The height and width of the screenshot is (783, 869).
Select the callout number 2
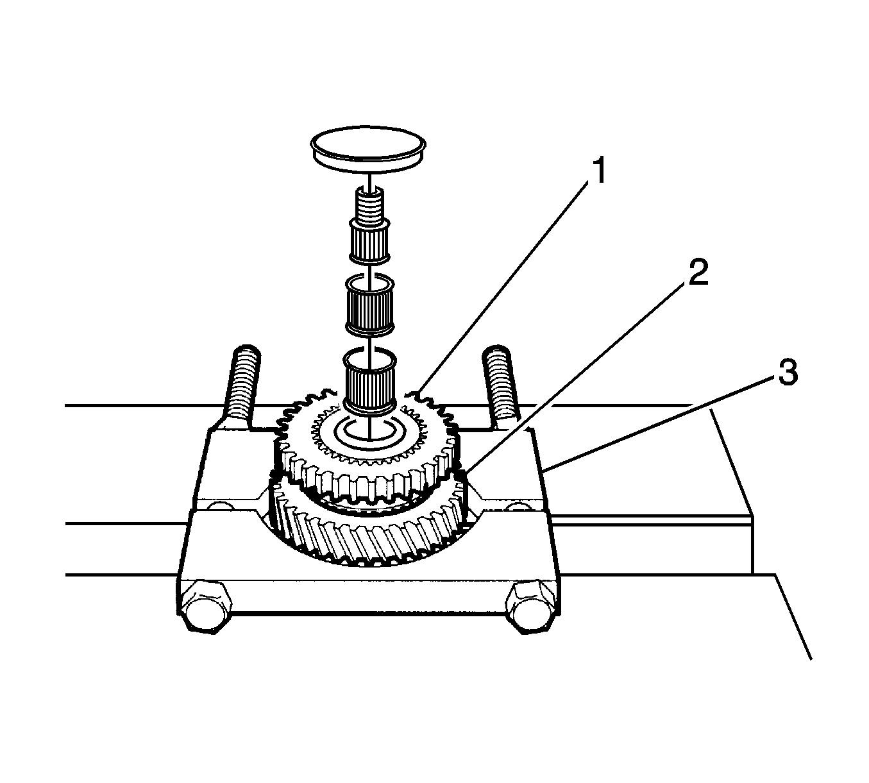[x=696, y=274]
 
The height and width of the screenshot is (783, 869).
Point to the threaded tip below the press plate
[x=368, y=205]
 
